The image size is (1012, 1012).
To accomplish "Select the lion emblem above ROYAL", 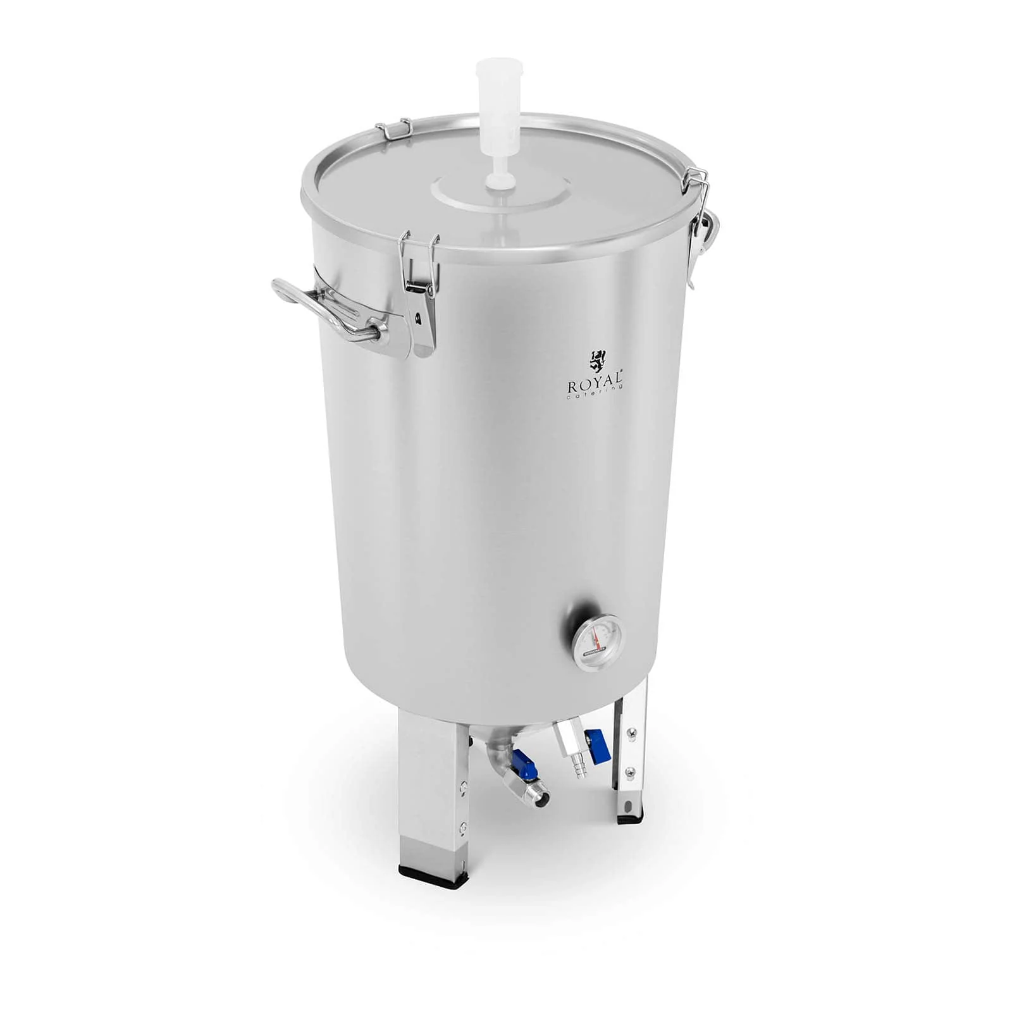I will click(x=597, y=361).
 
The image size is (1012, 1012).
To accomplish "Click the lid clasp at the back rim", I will click(x=393, y=129).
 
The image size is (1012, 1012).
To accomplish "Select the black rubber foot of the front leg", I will click(x=433, y=876).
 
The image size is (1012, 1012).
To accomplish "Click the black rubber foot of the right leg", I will click(x=629, y=818).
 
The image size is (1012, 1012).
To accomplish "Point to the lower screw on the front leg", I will click(x=464, y=826).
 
